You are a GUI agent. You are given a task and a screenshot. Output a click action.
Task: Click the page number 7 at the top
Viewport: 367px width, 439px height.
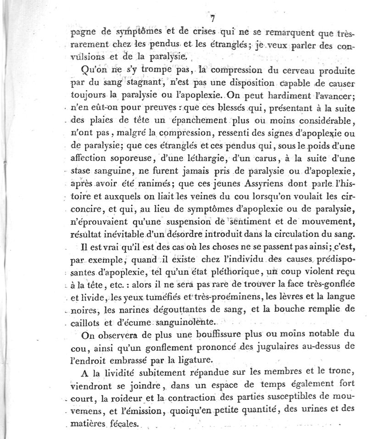(x=212, y=18)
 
